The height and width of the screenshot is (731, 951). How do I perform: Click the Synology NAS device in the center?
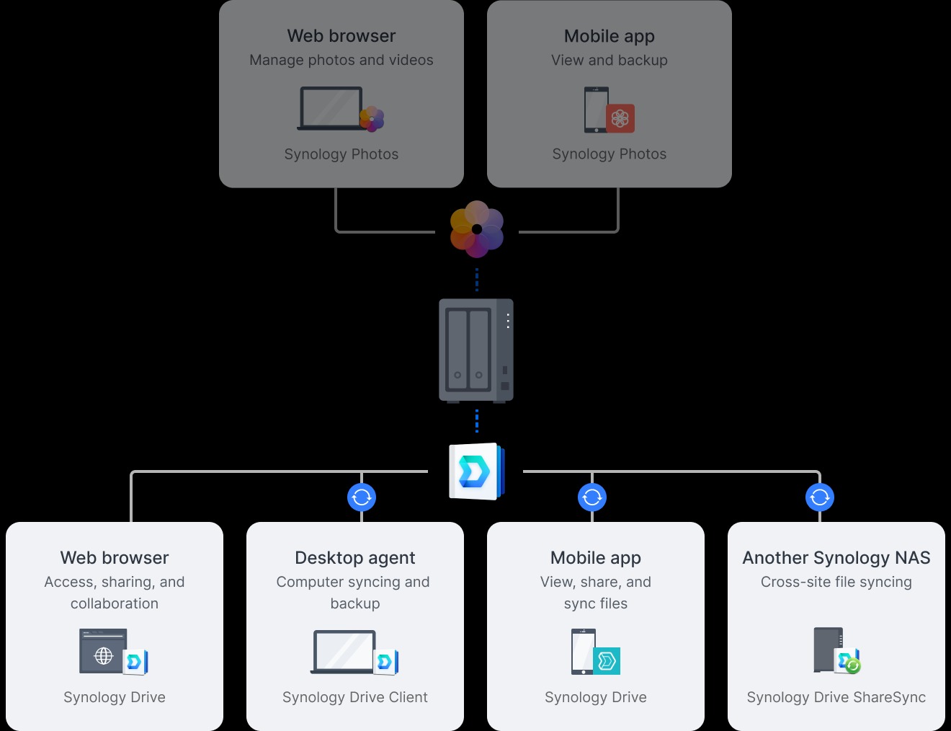(x=476, y=350)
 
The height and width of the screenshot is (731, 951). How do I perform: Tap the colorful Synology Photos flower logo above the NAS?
(x=476, y=229)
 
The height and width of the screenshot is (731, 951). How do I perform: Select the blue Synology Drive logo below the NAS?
(x=475, y=471)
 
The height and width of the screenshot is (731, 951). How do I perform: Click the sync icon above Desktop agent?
(x=362, y=497)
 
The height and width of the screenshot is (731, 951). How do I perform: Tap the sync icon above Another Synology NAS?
(x=819, y=497)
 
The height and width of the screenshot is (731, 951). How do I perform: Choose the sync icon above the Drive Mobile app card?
(x=591, y=497)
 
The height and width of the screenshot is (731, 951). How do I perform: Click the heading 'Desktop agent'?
(x=354, y=558)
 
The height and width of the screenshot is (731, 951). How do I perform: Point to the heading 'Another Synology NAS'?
(x=836, y=558)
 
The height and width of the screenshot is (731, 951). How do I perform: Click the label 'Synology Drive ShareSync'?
(x=836, y=697)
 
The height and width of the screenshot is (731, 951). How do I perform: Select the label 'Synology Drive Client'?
(x=354, y=697)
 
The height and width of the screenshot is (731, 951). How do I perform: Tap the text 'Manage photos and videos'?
(x=341, y=61)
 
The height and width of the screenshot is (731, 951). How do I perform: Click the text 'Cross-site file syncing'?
(x=836, y=582)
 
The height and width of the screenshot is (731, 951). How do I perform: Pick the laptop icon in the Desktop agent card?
(x=344, y=652)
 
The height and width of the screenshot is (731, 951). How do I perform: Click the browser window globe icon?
(x=104, y=655)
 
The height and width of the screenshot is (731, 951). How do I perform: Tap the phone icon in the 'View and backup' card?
(x=596, y=110)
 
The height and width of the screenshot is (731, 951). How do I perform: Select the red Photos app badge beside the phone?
(x=620, y=118)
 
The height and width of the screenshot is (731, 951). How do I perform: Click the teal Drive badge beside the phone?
(x=607, y=660)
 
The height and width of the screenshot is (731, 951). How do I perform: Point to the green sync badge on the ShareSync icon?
(x=853, y=666)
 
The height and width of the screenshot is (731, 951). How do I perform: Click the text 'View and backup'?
(x=609, y=61)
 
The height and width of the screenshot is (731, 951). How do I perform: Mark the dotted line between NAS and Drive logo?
(x=476, y=421)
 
